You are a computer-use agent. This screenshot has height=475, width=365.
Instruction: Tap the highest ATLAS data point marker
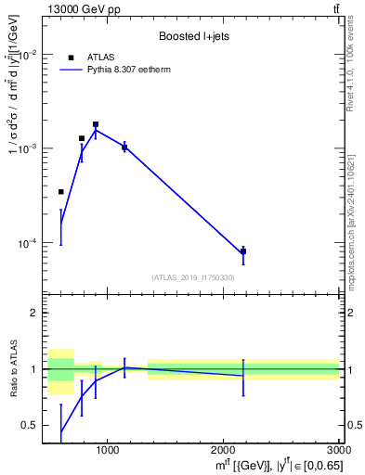(x=96, y=124)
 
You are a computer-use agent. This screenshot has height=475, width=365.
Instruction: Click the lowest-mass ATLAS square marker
(x=61, y=192)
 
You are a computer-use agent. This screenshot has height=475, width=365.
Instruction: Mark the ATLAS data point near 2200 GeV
(x=243, y=251)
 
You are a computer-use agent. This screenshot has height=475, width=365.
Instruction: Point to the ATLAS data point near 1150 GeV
(x=124, y=148)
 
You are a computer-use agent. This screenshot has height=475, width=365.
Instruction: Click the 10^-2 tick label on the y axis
(x=26, y=55)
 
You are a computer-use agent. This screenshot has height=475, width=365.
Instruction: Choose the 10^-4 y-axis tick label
(x=26, y=244)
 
